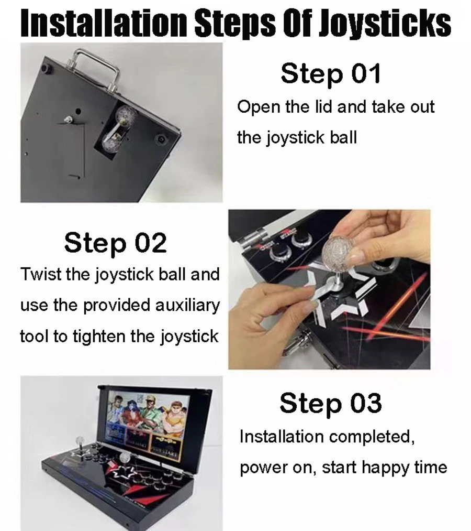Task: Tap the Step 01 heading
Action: [x=331, y=73]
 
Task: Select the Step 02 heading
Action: [x=115, y=243]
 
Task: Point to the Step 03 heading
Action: [x=331, y=403]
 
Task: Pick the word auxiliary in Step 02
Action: [x=188, y=306]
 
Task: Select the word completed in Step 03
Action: [x=372, y=437]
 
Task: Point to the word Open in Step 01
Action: [x=259, y=107]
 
